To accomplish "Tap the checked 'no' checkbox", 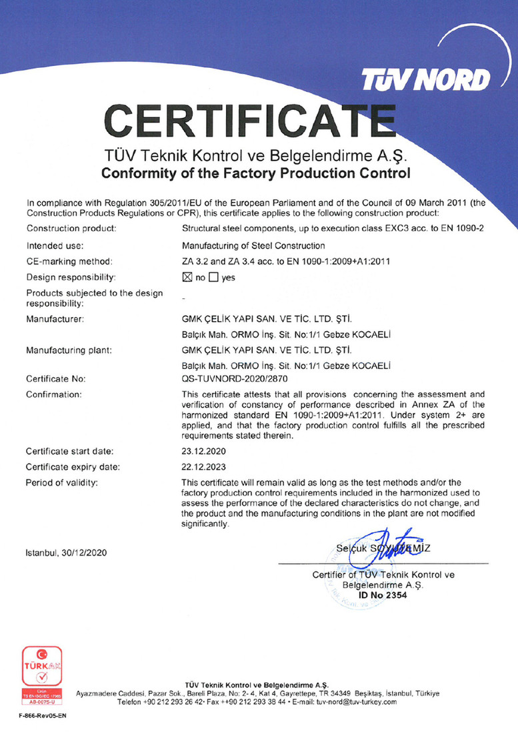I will (187, 277).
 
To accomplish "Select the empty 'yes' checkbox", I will (214, 277).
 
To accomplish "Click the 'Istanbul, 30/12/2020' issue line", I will (67, 552).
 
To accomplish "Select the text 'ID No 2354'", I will (383, 595).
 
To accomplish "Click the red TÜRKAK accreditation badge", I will (39, 675).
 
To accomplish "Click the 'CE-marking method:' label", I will (65, 260).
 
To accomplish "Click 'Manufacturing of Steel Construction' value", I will (253, 245).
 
